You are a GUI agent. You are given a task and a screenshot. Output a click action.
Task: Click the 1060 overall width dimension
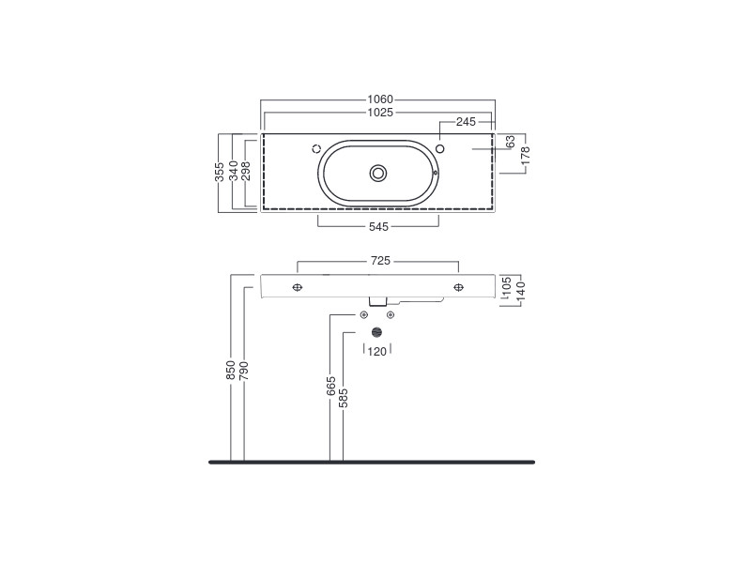(x=380, y=99)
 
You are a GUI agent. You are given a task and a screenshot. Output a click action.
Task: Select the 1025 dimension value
(x=380, y=112)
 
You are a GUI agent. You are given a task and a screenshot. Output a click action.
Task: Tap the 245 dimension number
(x=466, y=122)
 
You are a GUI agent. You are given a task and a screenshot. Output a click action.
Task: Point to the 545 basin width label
(x=378, y=226)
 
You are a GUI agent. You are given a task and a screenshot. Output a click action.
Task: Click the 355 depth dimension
(x=220, y=172)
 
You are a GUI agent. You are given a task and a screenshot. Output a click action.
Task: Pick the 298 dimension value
(x=246, y=171)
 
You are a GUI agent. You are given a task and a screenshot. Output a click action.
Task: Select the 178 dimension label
(x=526, y=156)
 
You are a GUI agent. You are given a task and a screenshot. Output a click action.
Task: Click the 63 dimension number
(x=510, y=142)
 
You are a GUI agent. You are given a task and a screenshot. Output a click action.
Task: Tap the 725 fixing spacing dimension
(x=380, y=261)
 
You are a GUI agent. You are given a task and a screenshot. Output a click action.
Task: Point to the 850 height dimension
(x=231, y=371)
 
